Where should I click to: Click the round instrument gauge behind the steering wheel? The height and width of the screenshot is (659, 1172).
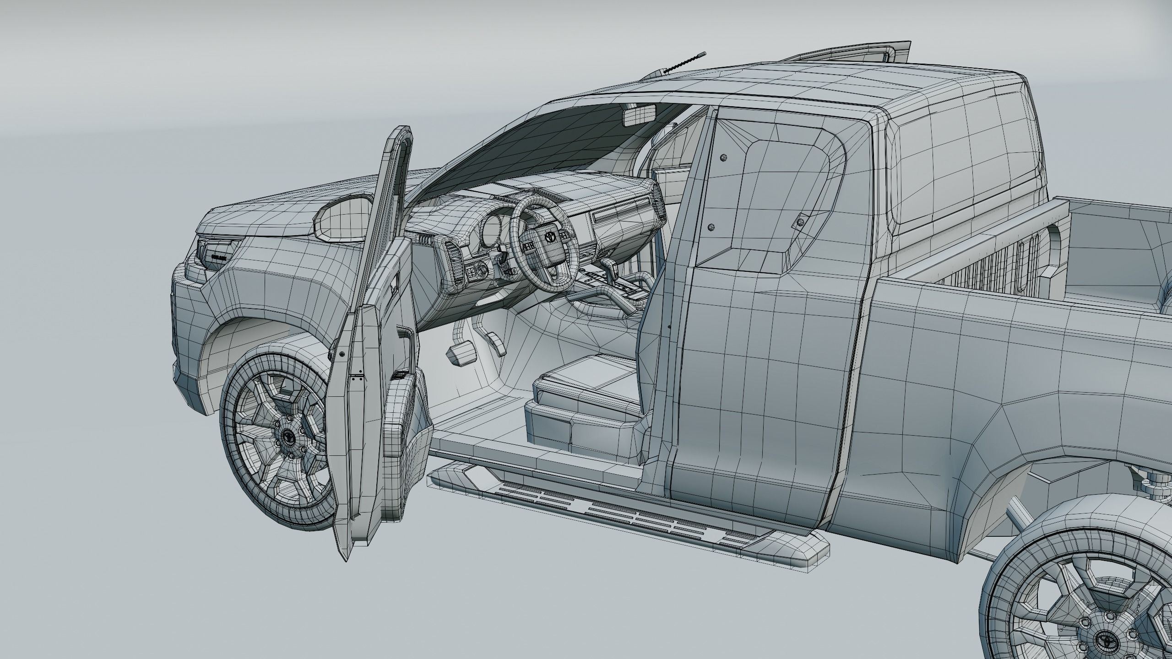[493, 227]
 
